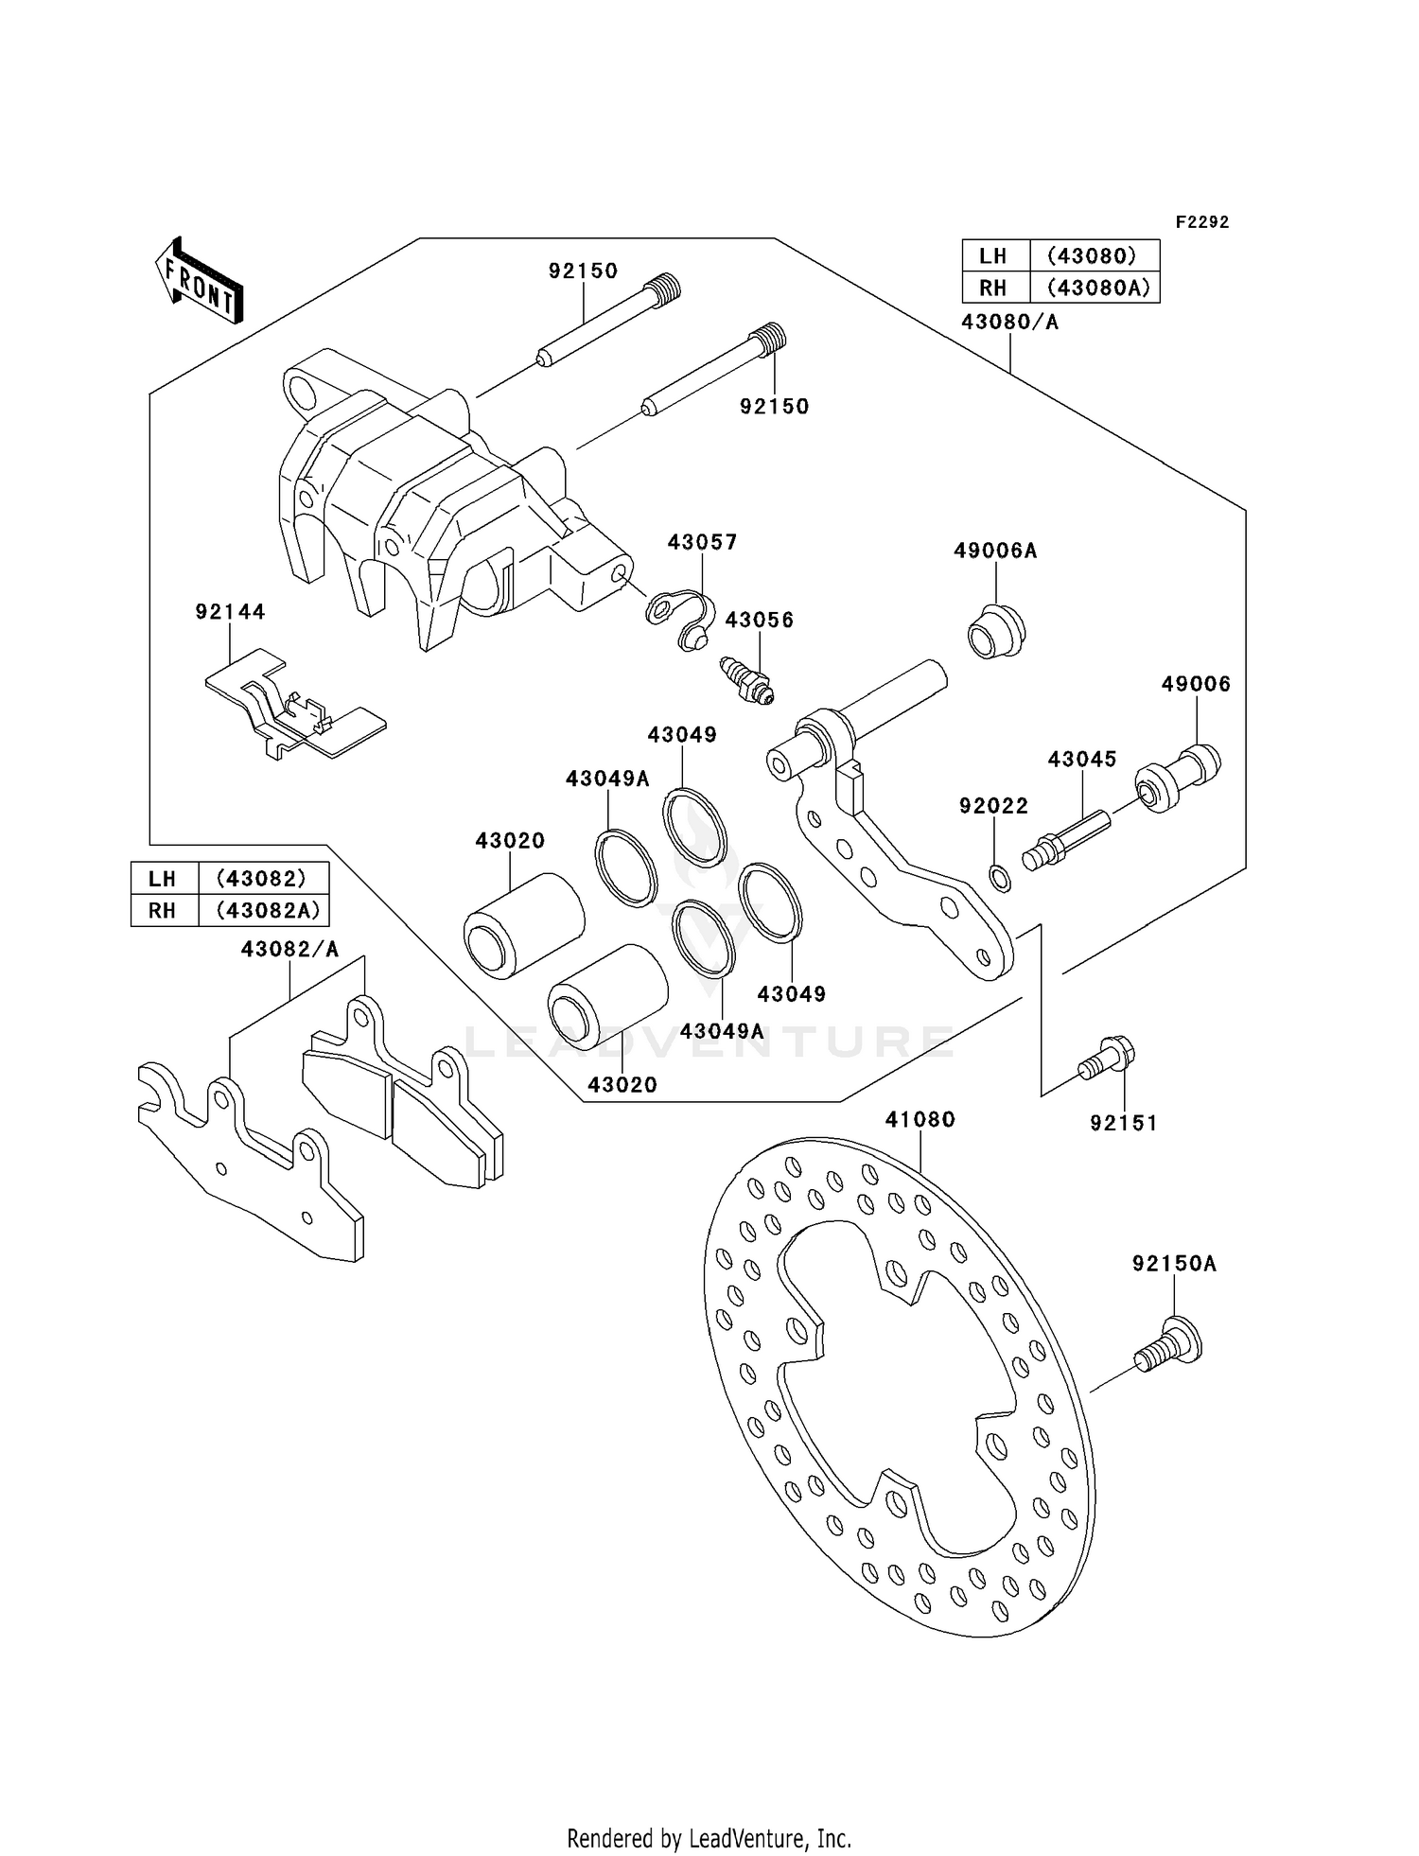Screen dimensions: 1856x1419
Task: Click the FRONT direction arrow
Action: coord(200,280)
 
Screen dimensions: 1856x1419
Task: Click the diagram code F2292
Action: coord(1201,222)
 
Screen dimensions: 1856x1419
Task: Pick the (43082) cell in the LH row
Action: coord(262,878)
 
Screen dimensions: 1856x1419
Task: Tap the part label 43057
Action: coord(702,542)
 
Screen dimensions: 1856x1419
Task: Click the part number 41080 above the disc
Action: coord(920,1119)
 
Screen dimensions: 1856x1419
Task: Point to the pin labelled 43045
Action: coord(1063,840)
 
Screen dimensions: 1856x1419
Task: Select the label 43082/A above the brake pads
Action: coord(289,949)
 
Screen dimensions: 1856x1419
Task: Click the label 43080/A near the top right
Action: coord(1009,322)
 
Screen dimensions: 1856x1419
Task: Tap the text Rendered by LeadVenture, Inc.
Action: coord(709,1838)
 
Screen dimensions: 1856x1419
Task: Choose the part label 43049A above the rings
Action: coord(607,779)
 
